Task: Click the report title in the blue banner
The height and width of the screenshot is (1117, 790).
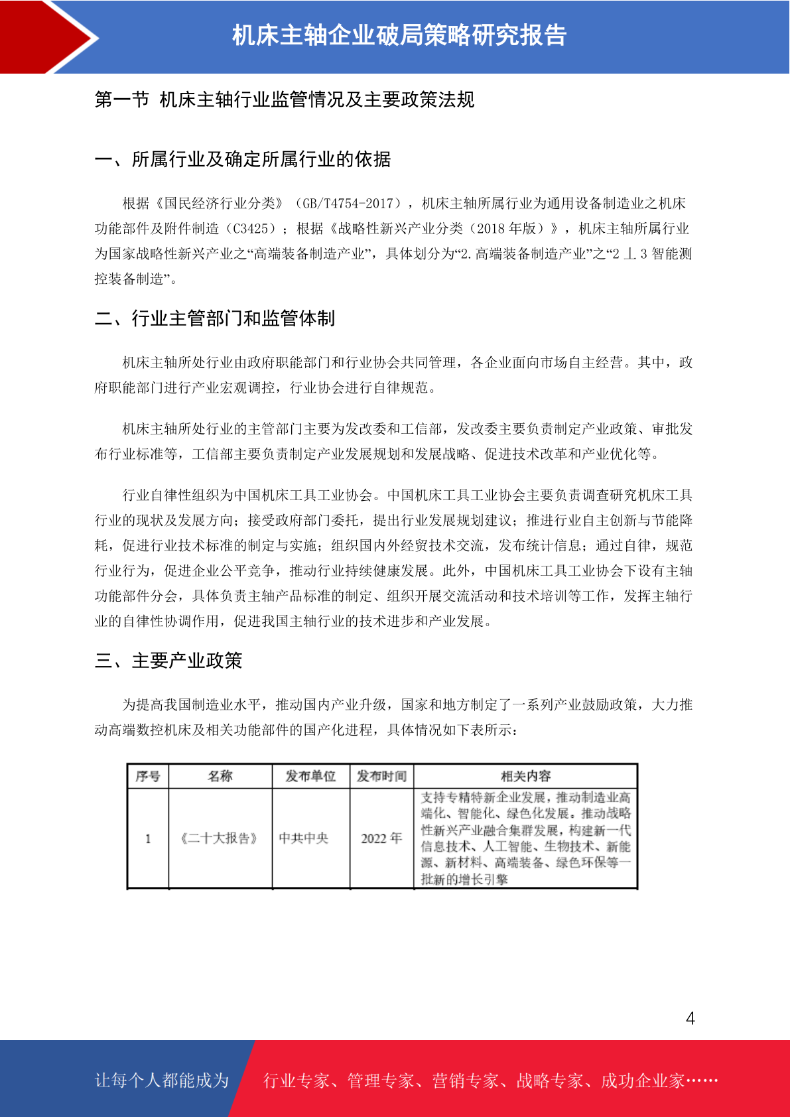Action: pos(399,35)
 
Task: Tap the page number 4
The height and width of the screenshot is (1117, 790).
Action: pos(690,1018)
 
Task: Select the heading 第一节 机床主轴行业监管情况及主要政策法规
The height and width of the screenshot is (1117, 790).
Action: pos(285,99)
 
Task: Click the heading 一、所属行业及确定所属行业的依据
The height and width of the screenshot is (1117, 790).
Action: pos(243,159)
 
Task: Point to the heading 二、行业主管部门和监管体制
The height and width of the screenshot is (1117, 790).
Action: pos(215,318)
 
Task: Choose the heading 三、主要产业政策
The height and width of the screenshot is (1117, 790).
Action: pos(168,661)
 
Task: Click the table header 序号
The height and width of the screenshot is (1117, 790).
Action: pos(147,776)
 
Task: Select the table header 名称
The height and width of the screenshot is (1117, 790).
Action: pos(220,776)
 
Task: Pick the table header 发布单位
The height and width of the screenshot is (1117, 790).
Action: pos(310,776)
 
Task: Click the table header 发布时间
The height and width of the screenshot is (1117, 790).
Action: pos(381,776)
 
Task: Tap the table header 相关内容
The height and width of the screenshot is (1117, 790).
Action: pos(525,776)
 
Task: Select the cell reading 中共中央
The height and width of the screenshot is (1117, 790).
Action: pos(304,838)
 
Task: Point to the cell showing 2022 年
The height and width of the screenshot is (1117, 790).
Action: pos(381,838)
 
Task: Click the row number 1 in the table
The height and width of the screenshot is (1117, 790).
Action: pos(148,838)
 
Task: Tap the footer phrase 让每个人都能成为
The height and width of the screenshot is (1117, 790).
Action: pos(162,1081)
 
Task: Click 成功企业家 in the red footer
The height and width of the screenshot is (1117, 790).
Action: pos(642,1081)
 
